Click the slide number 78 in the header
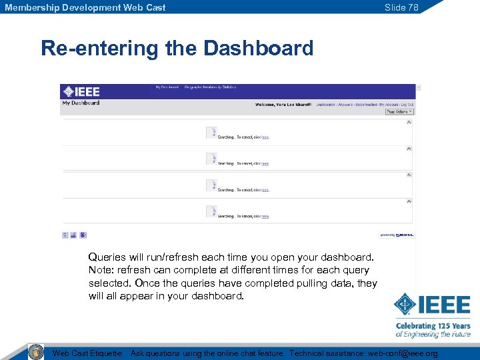(x=401, y=7)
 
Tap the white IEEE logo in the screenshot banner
(x=81, y=92)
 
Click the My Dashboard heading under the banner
(x=81, y=103)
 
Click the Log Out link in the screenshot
(x=407, y=105)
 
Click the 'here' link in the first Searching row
(x=265, y=137)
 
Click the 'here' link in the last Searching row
(x=265, y=216)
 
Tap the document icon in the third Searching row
(x=211, y=185)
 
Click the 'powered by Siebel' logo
(x=397, y=235)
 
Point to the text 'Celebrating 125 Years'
(x=433, y=326)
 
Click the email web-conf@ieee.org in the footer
(x=403, y=353)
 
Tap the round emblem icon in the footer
(x=36, y=352)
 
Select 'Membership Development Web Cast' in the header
(x=85, y=7)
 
